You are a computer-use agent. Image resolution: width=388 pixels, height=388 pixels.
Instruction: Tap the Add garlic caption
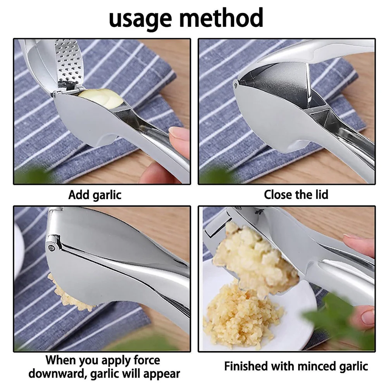pos(95,195)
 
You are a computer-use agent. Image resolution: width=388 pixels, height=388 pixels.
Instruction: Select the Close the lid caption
pos(296,195)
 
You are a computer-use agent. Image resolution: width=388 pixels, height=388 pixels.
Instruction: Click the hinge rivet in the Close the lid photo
pos(236,83)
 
